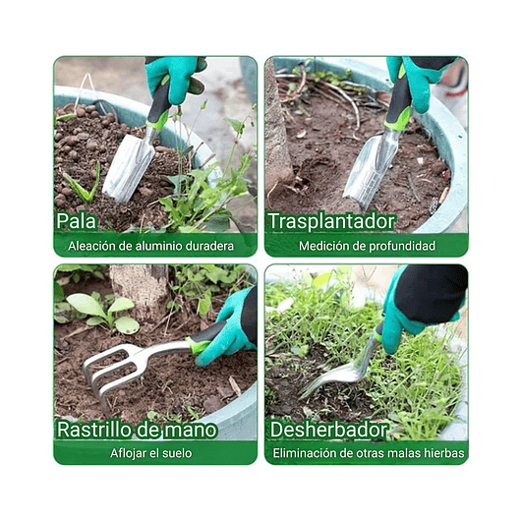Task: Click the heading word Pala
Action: [77, 221]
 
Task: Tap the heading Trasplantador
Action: [331, 221]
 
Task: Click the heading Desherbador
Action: [328, 429]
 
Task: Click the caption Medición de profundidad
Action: [367, 247]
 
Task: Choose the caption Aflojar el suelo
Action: [150, 453]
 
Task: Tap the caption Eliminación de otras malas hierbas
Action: [370, 453]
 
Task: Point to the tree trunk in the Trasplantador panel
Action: [275, 128]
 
